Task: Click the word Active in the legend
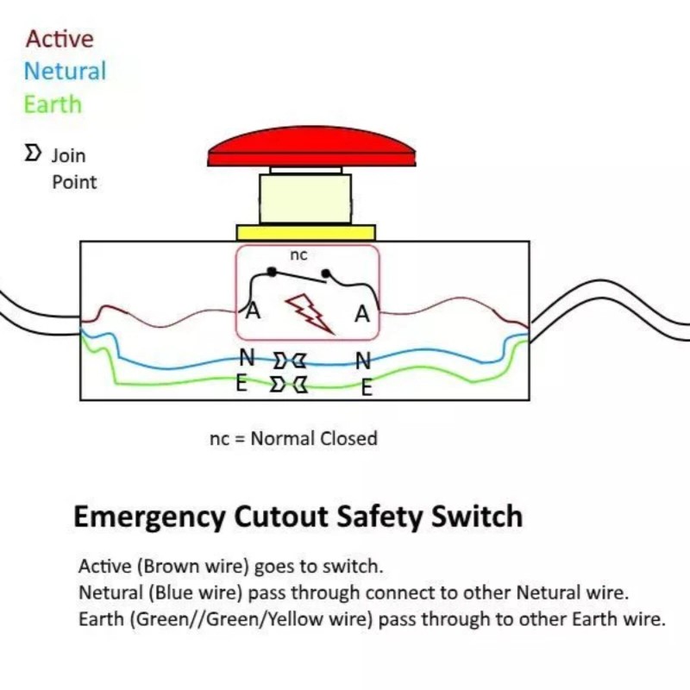(x=60, y=39)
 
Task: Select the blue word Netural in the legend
(x=66, y=71)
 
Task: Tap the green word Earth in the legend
(x=53, y=104)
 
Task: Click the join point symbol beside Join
(x=33, y=154)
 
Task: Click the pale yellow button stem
(x=305, y=198)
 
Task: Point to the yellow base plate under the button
(x=305, y=232)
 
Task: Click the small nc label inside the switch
(x=298, y=255)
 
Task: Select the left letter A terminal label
(x=253, y=311)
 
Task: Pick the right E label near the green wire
(x=367, y=389)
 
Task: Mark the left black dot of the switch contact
(x=272, y=272)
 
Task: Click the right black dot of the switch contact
(x=326, y=275)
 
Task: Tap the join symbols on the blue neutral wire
(x=289, y=360)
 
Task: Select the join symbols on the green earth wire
(x=289, y=383)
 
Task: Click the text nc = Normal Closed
(x=293, y=438)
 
